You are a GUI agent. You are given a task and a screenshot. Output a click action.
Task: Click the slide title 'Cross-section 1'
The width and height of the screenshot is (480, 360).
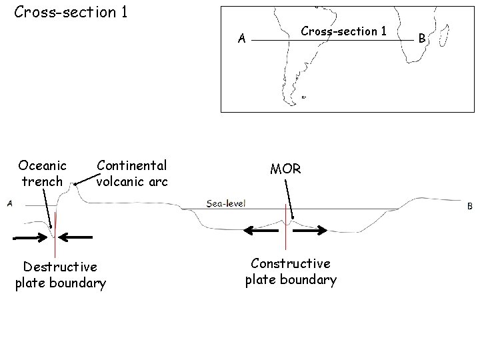[71, 12]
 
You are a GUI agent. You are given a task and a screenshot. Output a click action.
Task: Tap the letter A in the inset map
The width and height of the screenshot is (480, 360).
[243, 39]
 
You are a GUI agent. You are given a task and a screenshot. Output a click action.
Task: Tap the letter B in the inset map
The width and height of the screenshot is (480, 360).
[421, 39]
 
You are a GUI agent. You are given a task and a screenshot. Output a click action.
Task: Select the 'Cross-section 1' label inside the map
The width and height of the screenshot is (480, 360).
[343, 31]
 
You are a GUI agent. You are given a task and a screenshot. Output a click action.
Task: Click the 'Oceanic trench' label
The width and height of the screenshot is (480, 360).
[43, 173]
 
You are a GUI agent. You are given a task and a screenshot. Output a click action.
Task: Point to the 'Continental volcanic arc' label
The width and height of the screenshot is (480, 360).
[132, 173]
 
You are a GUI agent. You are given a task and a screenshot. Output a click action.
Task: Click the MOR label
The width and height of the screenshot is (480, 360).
[285, 169]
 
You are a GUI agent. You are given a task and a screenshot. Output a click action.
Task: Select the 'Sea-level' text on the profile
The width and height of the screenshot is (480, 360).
[226, 203]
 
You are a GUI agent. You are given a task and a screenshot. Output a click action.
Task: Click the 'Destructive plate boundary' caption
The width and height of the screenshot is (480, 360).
[61, 275]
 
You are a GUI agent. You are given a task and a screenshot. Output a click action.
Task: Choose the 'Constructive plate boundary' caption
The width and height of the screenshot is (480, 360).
[291, 271]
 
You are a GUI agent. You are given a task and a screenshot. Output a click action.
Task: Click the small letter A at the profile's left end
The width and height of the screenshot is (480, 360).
[10, 204]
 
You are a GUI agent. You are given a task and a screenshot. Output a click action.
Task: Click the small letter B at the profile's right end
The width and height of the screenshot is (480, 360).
[469, 207]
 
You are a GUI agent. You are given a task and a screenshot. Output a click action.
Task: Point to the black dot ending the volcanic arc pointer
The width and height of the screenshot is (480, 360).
[75, 185]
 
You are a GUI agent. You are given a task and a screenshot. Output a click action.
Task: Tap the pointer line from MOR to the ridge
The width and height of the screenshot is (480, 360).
[290, 200]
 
